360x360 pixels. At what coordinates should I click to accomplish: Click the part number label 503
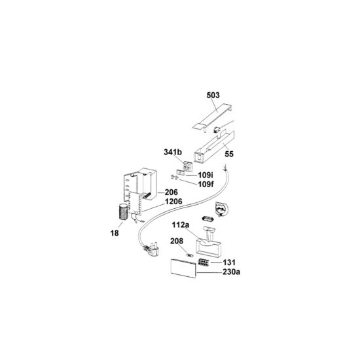[x=213, y=96]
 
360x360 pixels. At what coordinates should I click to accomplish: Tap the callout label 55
[x=228, y=154]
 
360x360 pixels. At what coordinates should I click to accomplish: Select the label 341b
[x=173, y=152]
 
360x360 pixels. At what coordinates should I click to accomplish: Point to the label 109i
[x=206, y=175]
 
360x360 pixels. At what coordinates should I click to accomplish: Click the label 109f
[x=206, y=184]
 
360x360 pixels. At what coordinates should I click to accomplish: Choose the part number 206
[x=171, y=192]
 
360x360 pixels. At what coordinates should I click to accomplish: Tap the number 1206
[x=174, y=202]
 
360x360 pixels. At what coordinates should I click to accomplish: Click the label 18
[x=115, y=233]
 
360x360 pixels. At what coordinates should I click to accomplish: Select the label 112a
[x=181, y=225]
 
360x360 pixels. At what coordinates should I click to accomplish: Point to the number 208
[x=177, y=241]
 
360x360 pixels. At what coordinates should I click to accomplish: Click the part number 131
[x=229, y=262]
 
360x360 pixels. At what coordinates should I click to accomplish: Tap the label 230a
[x=232, y=272]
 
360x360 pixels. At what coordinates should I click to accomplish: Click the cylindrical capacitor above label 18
[x=123, y=211]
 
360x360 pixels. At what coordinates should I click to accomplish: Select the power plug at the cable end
[x=152, y=250]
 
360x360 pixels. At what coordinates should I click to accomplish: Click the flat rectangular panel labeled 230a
[x=183, y=268]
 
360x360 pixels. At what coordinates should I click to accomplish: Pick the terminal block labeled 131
[x=203, y=262]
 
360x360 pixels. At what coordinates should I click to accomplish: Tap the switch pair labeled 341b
[x=187, y=166]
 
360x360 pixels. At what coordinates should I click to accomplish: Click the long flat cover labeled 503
[x=213, y=117]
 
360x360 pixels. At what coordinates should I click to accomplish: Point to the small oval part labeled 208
[x=190, y=255]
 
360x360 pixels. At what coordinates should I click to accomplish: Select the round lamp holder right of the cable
[x=221, y=209]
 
